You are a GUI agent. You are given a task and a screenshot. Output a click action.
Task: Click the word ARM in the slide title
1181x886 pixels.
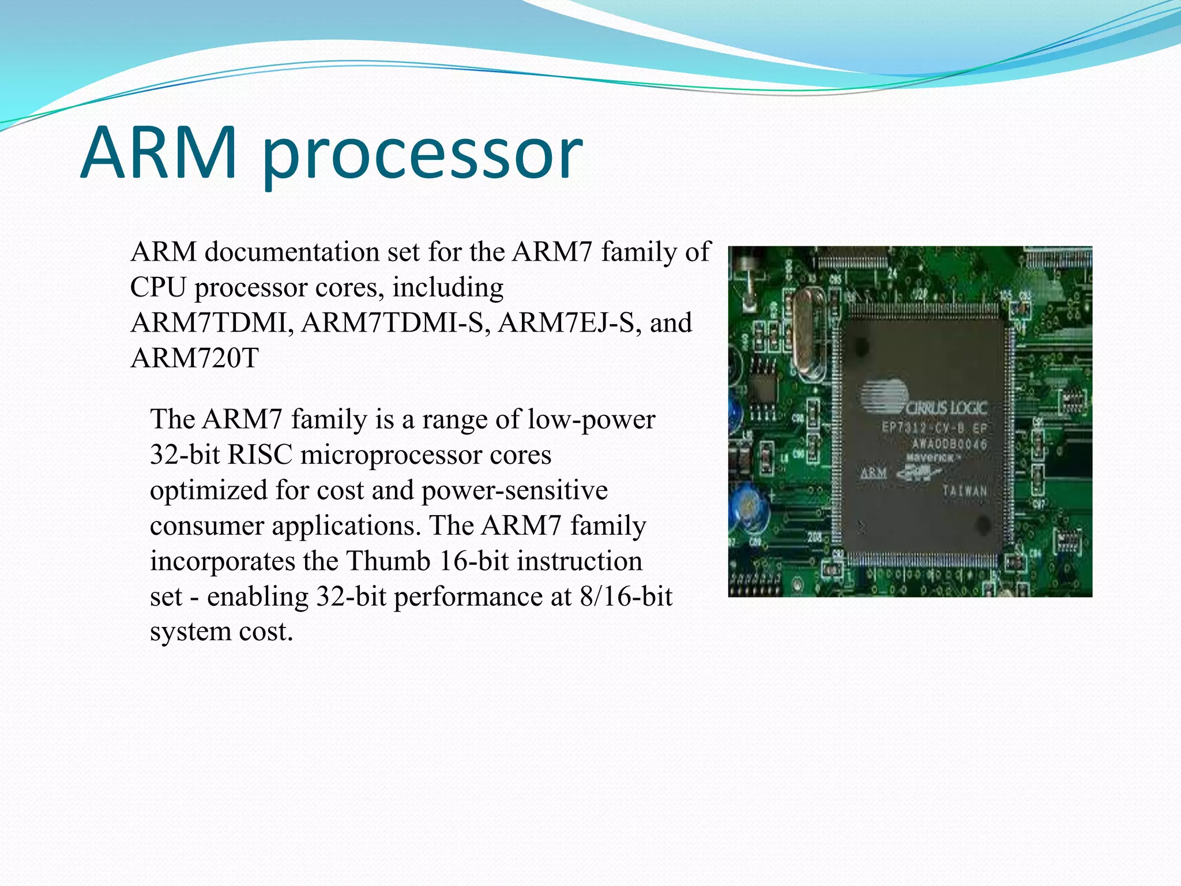click(159, 153)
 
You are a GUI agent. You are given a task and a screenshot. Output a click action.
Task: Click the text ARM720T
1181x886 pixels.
click(194, 358)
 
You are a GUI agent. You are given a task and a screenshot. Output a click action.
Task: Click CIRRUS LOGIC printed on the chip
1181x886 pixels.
click(946, 408)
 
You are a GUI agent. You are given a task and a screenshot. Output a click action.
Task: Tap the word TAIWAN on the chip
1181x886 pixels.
click(964, 491)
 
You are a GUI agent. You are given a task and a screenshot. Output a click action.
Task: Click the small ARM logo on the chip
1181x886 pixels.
click(874, 474)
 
